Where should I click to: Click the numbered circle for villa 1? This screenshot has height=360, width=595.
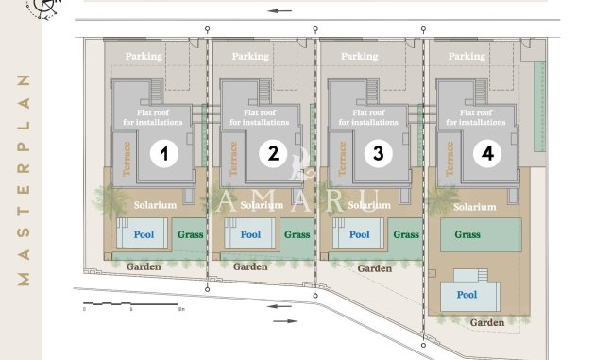[x=164, y=154]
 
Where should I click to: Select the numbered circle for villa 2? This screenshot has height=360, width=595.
[x=273, y=154]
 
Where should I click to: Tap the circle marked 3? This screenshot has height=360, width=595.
[x=379, y=154]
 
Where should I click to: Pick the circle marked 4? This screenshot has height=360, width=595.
[x=487, y=154]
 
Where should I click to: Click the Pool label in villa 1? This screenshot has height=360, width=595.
[x=144, y=234]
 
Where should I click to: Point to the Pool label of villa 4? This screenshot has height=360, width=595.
[x=467, y=295]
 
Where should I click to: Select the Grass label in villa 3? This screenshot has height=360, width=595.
[x=406, y=234]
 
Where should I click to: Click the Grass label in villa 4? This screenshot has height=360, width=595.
[x=467, y=234]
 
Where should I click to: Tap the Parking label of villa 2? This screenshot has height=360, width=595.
[x=250, y=56]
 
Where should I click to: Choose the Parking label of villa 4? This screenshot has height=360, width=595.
[x=467, y=56]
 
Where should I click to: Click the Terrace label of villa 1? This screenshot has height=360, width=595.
[x=127, y=159]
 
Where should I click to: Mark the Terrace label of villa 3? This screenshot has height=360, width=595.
[x=342, y=159]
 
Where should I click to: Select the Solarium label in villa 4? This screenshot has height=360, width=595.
[x=475, y=207]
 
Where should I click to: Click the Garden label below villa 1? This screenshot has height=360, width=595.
[x=144, y=266]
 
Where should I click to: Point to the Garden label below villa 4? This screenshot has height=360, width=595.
[x=487, y=322]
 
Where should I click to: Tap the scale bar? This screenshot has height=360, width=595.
[x=130, y=304]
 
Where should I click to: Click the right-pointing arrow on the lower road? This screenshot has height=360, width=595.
[x=285, y=321]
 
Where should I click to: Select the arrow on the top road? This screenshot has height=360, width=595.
[x=280, y=11]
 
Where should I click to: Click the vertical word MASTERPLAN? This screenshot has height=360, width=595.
[x=24, y=180]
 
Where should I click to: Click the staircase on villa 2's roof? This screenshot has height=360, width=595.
[x=264, y=92]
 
